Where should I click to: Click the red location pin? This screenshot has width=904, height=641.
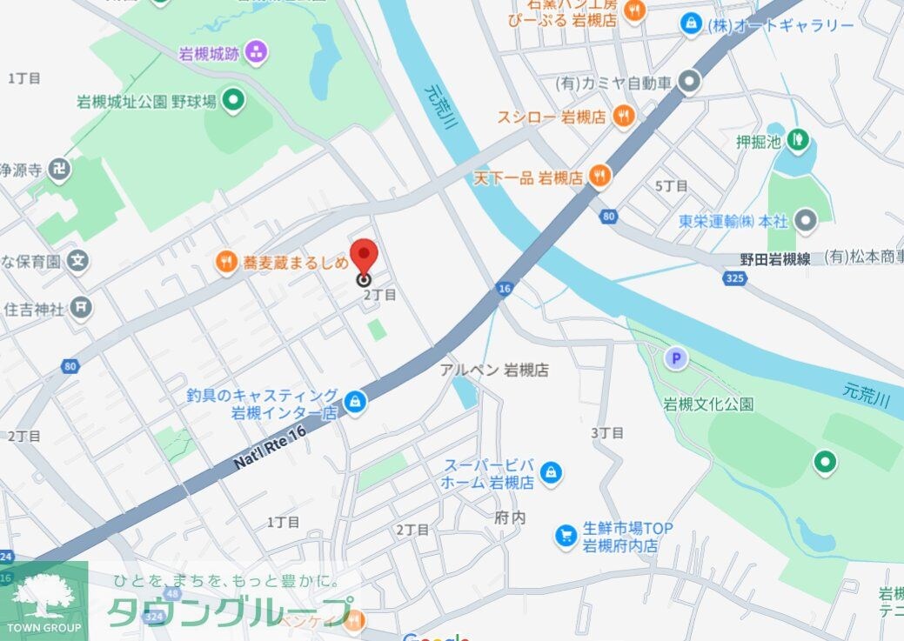click(363, 257)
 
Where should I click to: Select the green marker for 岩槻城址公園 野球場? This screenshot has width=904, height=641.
click(232, 102)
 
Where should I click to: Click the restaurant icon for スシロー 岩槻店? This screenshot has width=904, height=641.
click(623, 116)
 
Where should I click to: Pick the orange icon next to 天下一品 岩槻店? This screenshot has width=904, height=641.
click(599, 177)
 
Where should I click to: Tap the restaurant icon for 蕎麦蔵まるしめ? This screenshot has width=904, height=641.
click(226, 260)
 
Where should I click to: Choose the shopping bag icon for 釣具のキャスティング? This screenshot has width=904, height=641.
click(354, 402)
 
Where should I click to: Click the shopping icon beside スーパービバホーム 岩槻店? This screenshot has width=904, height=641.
click(550, 473)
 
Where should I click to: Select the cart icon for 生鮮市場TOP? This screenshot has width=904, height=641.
click(566, 536)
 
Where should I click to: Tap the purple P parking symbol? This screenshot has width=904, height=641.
click(674, 357)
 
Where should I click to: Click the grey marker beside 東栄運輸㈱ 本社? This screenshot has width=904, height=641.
click(807, 221)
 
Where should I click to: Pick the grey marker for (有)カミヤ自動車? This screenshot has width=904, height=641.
click(689, 83)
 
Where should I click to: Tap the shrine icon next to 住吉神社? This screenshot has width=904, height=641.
click(81, 307)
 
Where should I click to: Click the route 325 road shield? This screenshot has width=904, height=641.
click(733, 278)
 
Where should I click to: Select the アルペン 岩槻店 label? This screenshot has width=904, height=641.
click(494, 370)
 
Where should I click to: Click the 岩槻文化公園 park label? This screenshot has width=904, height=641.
click(708, 404)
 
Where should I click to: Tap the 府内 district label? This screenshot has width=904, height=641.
click(510, 517)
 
